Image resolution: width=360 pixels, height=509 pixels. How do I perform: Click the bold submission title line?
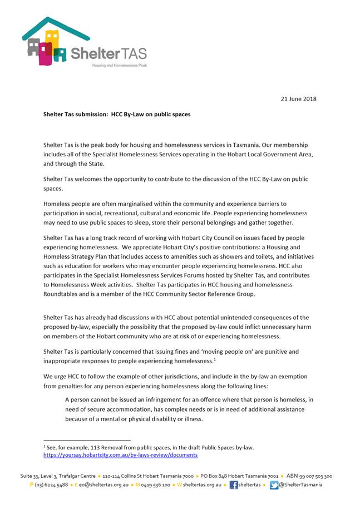[x=117, y=114]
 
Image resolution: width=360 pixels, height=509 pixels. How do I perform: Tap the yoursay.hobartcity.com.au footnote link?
[x=120, y=454]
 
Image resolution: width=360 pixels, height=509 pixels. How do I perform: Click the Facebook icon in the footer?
[x=234, y=485]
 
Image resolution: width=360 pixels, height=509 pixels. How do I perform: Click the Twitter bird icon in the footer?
[x=274, y=485]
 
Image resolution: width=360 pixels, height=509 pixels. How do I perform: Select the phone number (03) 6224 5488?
[x=52, y=485]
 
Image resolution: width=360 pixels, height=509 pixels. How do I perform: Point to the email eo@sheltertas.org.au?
[x=103, y=485]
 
